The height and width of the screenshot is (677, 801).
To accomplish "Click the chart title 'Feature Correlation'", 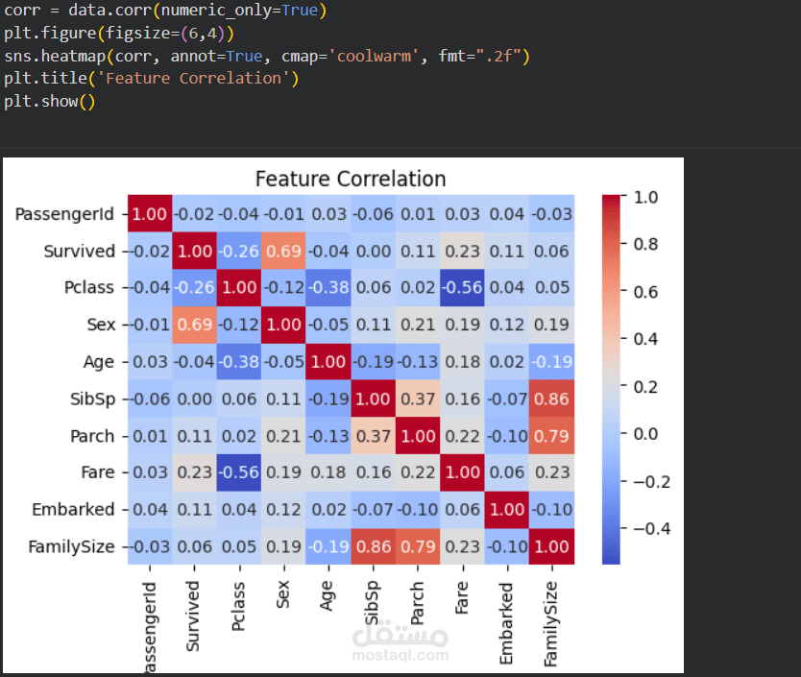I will pyautogui.click(x=351, y=179).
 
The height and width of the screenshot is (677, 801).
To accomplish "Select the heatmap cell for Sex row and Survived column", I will pyautogui.click(x=195, y=325).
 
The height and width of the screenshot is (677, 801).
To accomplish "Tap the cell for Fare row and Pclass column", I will pyautogui.click(x=239, y=472).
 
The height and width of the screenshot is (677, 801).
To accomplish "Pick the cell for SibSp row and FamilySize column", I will pyautogui.click(x=552, y=399).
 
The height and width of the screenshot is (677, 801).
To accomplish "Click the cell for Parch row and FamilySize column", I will pyautogui.click(x=552, y=436).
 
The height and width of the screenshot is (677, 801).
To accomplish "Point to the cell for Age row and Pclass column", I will pyautogui.click(x=239, y=362).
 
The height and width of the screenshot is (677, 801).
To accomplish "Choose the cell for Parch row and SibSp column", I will pyautogui.click(x=374, y=436).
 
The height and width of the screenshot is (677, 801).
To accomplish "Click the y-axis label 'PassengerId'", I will pyautogui.click(x=64, y=213).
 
